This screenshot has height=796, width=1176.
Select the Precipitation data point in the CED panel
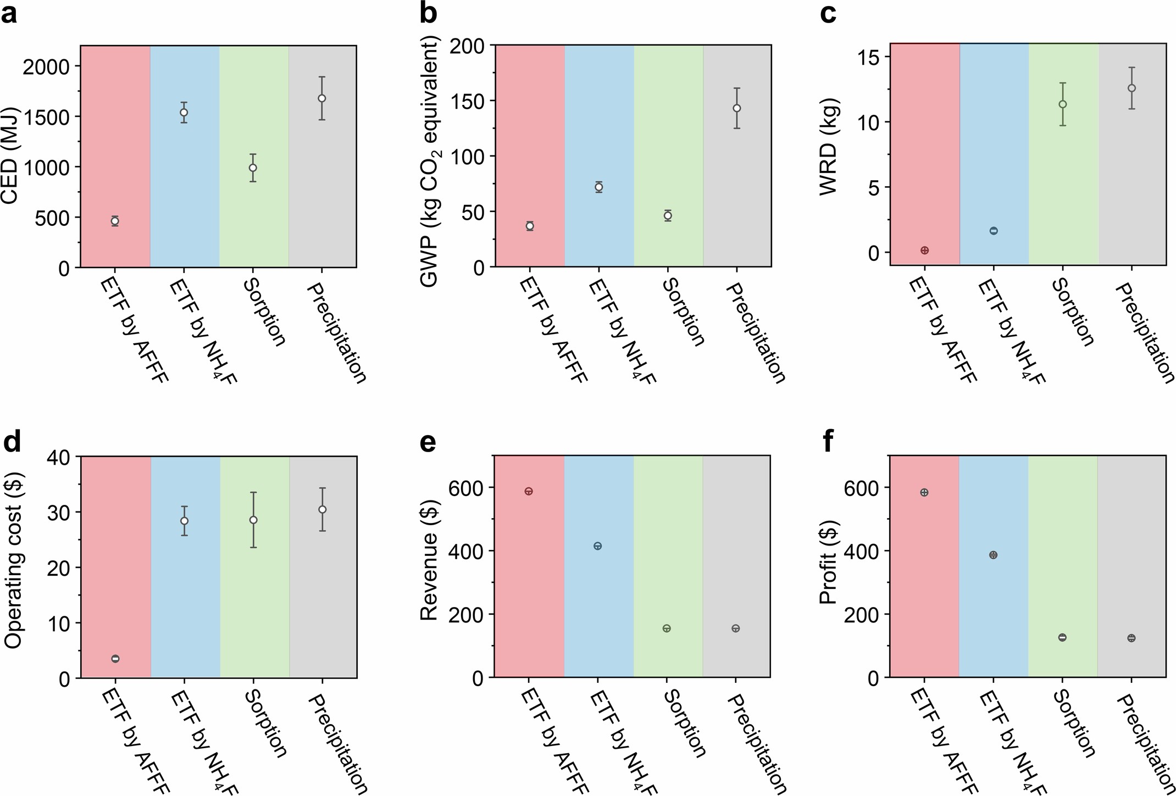(322, 98)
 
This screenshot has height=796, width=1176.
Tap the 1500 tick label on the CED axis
(47, 116)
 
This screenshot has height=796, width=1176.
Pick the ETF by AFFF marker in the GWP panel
(530, 226)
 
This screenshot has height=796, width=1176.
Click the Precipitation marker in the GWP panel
(737, 108)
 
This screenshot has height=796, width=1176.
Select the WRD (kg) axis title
(828, 147)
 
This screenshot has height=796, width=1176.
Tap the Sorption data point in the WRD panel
(1063, 104)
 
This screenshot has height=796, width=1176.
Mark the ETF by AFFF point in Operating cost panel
(115, 659)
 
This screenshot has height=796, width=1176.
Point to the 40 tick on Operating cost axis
(58, 457)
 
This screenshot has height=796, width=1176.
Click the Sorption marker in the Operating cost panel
(253, 520)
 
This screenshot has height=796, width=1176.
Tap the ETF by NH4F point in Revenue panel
(598, 546)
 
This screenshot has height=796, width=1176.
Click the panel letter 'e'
(428, 443)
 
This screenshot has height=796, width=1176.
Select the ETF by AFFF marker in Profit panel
(924, 493)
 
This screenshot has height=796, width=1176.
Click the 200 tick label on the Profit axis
(861, 614)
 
